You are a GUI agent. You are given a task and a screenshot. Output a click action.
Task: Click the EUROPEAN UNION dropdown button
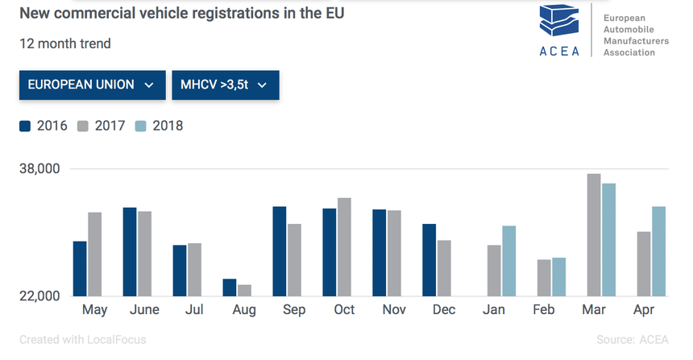[91, 85]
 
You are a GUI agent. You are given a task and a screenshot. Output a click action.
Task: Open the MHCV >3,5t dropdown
[225, 85]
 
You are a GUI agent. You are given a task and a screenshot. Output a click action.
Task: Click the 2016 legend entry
[44, 126]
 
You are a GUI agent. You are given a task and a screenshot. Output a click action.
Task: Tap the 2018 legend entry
[159, 126]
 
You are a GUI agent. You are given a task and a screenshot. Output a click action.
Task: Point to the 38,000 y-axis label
[40, 169]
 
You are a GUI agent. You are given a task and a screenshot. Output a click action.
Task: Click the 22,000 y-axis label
[40, 296]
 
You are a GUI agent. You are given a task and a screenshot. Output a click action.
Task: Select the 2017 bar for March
[594, 235]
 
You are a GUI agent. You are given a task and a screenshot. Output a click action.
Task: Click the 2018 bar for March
[608, 240]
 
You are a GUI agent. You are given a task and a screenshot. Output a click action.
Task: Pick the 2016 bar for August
[230, 288]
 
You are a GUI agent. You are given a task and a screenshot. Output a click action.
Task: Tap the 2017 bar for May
[95, 254]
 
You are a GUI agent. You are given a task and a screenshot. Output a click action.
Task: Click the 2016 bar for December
[429, 259]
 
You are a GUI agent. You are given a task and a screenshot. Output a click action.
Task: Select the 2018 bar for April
[658, 251]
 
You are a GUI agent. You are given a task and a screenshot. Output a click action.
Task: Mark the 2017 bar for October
[344, 246]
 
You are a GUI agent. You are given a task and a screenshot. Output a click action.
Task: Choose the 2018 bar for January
[508, 261]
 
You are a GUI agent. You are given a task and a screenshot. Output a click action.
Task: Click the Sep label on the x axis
[294, 310]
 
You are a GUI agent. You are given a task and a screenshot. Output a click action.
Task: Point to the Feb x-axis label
[544, 310]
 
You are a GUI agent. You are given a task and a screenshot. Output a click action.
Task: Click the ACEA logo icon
[560, 25]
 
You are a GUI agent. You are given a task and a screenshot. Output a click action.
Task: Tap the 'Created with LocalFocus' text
[83, 340]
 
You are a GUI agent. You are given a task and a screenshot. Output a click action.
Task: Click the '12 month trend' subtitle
[65, 43]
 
